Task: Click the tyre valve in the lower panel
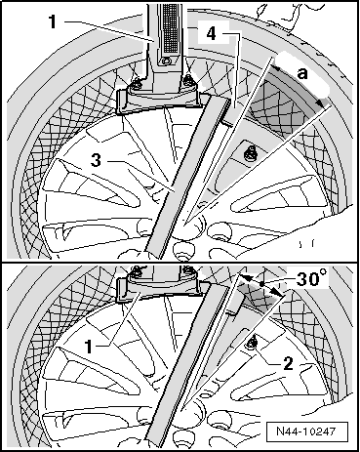(x=254, y=339)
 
